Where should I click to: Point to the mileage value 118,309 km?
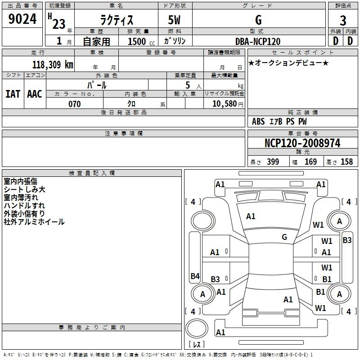coord(53,64)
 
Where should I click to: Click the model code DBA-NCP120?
coord(258,41)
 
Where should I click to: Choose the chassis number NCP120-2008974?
coord(302,143)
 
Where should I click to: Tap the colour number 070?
coord(74,104)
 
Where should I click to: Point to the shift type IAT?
coord(13,94)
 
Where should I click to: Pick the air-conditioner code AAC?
coord(34,94)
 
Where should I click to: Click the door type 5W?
coord(175,21)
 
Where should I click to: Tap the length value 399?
coord(273,162)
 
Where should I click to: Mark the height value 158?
coord(346,162)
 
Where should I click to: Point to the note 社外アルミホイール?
coord(34,222)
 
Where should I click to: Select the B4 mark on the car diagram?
coord(195,276)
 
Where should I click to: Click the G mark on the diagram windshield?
coord(284,237)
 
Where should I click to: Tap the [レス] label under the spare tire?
coord(197,345)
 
